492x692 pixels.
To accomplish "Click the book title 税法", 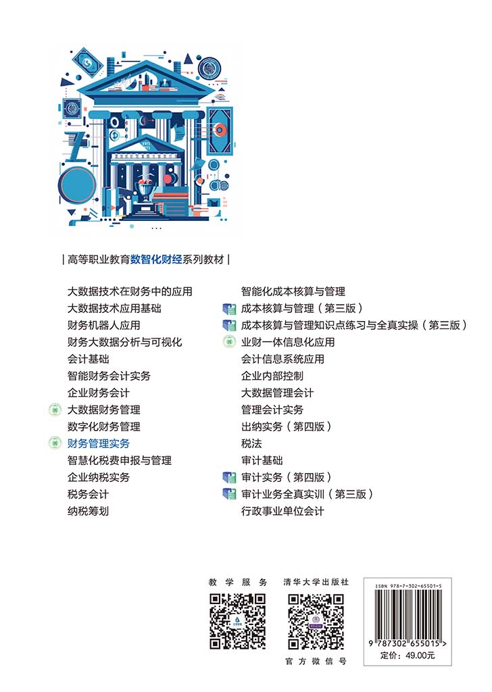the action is (x=251, y=443).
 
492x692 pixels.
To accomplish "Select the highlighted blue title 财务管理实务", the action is (x=99, y=443).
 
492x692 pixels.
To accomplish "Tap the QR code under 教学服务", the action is (x=238, y=622).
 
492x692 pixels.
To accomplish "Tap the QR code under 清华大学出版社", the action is (x=316, y=622).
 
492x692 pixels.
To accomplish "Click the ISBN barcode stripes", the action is (x=408, y=614).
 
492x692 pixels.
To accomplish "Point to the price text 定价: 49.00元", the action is (x=408, y=656).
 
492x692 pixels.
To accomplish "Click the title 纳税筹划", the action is (x=88, y=511).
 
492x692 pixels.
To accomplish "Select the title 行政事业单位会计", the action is (x=282, y=511).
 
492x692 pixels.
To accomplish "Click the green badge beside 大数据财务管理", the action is (x=55, y=410).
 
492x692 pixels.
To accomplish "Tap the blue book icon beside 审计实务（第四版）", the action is (x=229, y=478).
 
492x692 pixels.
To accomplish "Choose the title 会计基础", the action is (x=88, y=360).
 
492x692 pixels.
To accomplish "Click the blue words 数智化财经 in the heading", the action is (x=156, y=259).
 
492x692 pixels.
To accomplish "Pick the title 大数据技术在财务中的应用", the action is (x=130, y=291).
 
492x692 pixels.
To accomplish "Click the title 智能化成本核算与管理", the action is (x=293, y=291).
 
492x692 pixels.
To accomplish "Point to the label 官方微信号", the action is (x=316, y=661).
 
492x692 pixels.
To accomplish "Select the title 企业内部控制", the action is (x=272, y=376).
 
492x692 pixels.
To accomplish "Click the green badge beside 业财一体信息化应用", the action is (x=229, y=342).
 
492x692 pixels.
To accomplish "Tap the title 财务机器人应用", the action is (x=103, y=325).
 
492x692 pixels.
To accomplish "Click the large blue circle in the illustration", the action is (x=78, y=186).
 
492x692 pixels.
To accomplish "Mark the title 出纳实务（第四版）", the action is (x=286, y=427).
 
